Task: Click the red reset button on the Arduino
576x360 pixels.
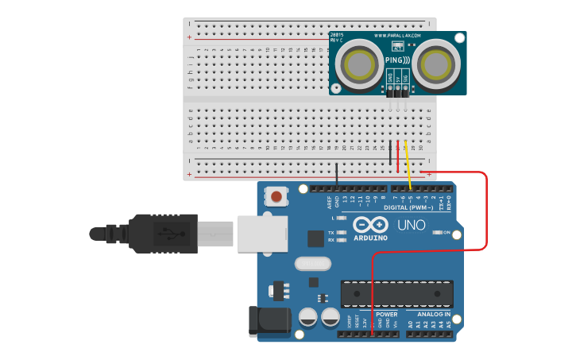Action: tap(276, 195)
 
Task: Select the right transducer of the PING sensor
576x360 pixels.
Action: tap(437, 63)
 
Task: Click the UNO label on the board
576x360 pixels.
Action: tap(411, 225)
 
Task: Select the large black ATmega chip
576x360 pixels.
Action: tap(397, 293)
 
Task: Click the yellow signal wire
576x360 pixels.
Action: tap(408, 167)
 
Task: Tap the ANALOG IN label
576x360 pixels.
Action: tap(434, 314)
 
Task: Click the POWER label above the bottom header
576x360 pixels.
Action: tap(387, 314)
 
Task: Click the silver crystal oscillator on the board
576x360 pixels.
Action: tap(311, 263)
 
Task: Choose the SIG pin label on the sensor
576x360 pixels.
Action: tap(405, 78)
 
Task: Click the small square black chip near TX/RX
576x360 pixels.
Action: tap(316, 238)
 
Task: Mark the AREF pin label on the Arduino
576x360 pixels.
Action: tap(328, 202)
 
